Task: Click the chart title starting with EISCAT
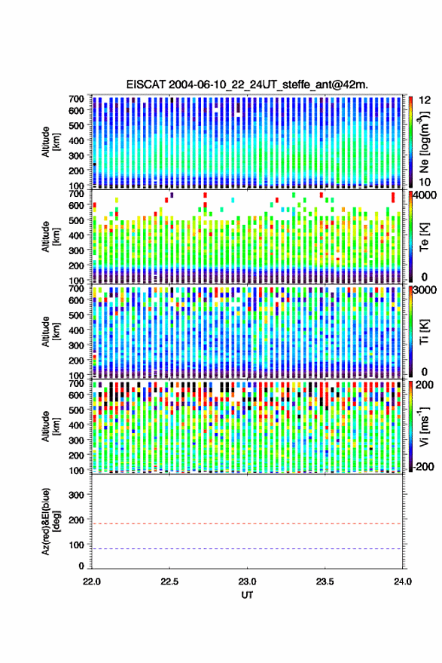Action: pyautogui.click(x=247, y=84)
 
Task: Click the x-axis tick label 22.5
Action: pyautogui.click(x=169, y=582)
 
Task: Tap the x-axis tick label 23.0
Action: pyautogui.click(x=247, y=582)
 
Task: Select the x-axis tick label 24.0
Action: pyautogui.click(x=402, y=582)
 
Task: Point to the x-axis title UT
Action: pyautogui.click(x=247, y=595)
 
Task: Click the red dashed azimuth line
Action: pyautogui.click(x=247, y=524)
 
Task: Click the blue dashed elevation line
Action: pyautogui.click(x=247, y=549)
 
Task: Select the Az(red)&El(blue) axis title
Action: pyautogui.click(x=51, y=521)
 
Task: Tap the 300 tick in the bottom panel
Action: pyautogui.click(x=76, y=495)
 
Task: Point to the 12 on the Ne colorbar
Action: pyautogui.click(x=425, y=100)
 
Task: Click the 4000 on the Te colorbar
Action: pyautogui.click(x=425, y=196)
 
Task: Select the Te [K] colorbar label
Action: pyautogui.click(x=424, y=237)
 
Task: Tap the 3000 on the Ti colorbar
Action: pyautogui.click(x=425, y=290)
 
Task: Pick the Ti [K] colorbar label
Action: pyautogui.click(x=424, y=332)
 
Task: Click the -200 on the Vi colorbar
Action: pyautogui.click(x=422, y=467)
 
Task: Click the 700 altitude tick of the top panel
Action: pyautogui.click(x=76, y=99)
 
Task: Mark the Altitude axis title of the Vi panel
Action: pyautogui.click(x=51, y=426)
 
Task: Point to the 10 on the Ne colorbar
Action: pyautogui.click(x=425, y=183)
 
